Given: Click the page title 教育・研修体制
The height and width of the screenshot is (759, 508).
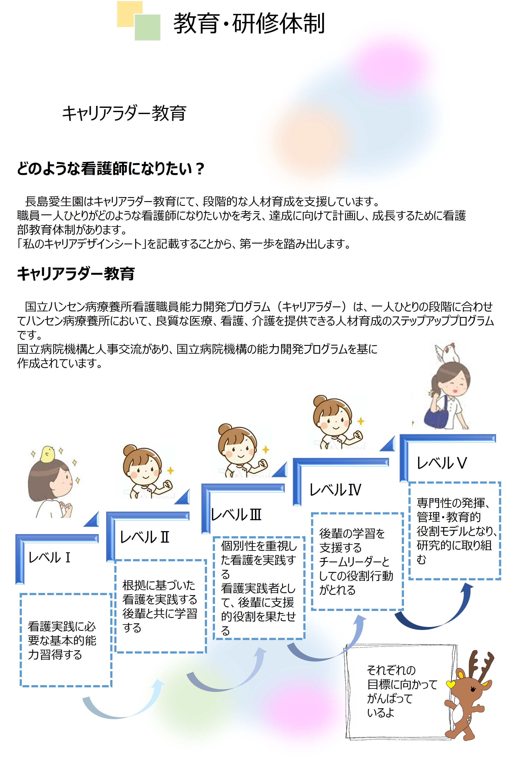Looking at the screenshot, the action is click(x=249, y=23).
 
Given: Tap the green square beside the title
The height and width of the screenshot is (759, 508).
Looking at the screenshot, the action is click(x=147, y=28).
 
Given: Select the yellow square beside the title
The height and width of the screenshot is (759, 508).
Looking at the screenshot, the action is click(x=130, y=14).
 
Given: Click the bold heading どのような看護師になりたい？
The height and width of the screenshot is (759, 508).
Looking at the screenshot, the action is click(x=110, y=168).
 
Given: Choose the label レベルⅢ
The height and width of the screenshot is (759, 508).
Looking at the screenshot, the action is click(x=236, y=515).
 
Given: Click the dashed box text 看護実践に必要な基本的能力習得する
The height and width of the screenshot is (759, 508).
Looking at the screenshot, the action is click(x=62, y=640).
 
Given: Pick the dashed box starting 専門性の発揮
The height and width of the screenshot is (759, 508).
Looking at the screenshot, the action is click(x=454, y=531).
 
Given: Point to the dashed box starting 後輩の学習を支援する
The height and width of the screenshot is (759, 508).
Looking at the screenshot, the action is click(x=357, y=561).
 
